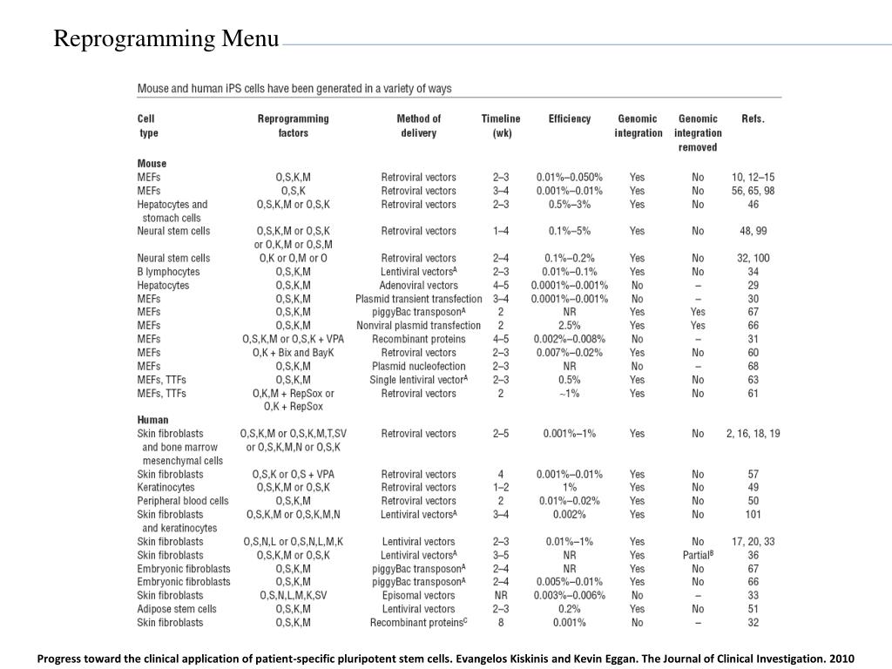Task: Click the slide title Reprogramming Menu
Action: (x=166, y=39)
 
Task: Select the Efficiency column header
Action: (x=569, y=119)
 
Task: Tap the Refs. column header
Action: (x=753, y=119)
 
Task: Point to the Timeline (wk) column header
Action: (x=501, y=125)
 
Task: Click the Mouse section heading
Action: (x=152, y=164)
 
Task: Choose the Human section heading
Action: (x=153, y=420)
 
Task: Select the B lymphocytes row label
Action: (x=168, y=272)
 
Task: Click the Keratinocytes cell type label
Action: (x=166, y=488)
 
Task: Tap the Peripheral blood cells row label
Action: (x=183, y=501)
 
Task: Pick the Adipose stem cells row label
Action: (x=177, y=609)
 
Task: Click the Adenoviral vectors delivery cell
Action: (x=418, y=286)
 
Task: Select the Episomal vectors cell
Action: (x=418, y=596)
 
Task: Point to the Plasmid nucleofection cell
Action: (x=418, y=367)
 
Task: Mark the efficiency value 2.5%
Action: (x=569, y=326)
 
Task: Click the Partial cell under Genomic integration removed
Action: (x=698, y=555)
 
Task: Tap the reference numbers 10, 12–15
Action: (x=753, y=177)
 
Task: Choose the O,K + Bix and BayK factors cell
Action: (x=294, y=353)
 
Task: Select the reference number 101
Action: (x=753, y=515)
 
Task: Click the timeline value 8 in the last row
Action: (x=501, y=623)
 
